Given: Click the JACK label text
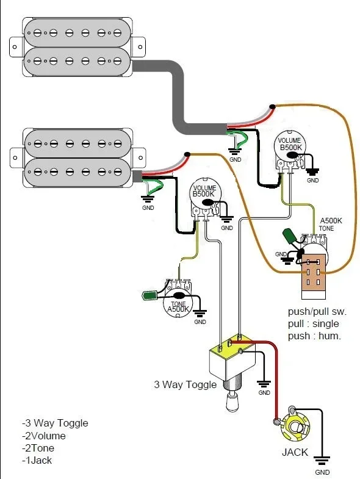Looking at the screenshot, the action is tap(295, 452).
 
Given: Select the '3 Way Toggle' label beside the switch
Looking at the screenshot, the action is tap(185, 384).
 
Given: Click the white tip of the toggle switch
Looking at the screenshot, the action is tap(232, 403).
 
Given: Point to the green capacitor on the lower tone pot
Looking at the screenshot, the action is tap(149, 295).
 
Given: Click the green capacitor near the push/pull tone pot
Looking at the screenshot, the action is tap(289, 236).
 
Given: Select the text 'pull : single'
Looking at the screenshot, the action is tap(313, 324).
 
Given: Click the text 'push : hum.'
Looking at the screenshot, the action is tap(314, 336).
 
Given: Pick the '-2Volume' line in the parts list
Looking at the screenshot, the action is tap(44, 436).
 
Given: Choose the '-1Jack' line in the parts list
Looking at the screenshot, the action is tap(37, 460).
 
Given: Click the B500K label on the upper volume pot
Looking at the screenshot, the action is tap(290, 147).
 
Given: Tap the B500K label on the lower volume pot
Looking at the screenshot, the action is tap(203, 193).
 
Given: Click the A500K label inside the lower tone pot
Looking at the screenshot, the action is tap(178, 309).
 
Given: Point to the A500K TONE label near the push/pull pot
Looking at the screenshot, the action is tap(331, 225).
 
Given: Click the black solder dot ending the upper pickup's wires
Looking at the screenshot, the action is tap(272, 107).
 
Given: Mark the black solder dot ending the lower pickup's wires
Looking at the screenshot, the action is tap(187, 154).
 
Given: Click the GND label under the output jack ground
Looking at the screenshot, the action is tap(322, 472).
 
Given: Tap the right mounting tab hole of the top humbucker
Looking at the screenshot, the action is tap(140, 47).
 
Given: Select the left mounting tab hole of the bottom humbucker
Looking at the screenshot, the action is tap(15, 157).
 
